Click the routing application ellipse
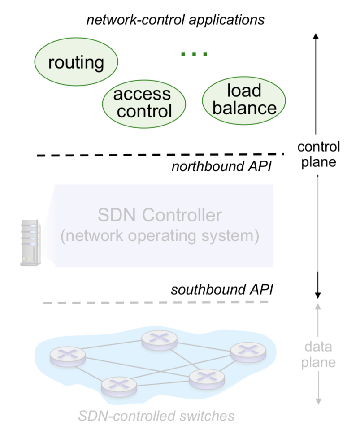click(x=76, y=62)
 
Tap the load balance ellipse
click(x=244, y=99)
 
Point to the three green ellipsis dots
click(x=194, y=54)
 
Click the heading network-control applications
click(x=176, y=20)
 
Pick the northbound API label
click(x=222, y=167)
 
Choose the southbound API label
click(x=221, y=289)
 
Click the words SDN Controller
click(x=160, y=215)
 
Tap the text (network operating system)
click(x=160, y=236)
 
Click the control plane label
click(x=319, y=154)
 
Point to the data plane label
click(x=319, y=354)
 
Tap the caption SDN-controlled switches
click(x=156, y=416)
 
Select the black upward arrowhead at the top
click(x=317, y=37)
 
